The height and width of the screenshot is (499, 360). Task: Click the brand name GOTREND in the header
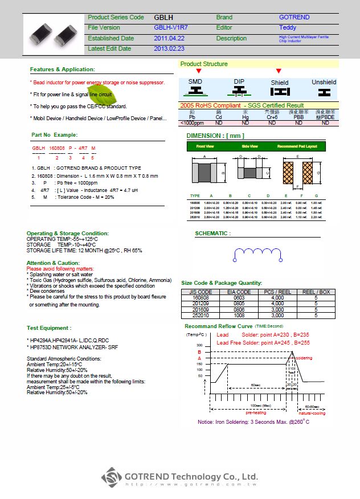(294, 17)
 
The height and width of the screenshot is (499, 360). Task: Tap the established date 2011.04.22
(169, 38)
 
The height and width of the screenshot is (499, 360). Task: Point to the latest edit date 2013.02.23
(169, 49)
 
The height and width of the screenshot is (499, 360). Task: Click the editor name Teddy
(288, 27)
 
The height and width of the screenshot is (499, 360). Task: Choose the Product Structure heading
(203, 64)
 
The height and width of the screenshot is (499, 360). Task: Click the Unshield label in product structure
(324, 82)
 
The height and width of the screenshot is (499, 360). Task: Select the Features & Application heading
(63, 69)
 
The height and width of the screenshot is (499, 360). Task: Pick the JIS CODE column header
(200, 292)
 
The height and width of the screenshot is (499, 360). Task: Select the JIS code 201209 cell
(200, 304)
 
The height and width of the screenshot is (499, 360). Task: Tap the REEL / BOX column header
(316, 292)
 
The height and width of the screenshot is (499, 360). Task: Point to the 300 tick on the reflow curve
(199, 346)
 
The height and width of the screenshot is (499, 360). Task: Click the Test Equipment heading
(49, 328)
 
